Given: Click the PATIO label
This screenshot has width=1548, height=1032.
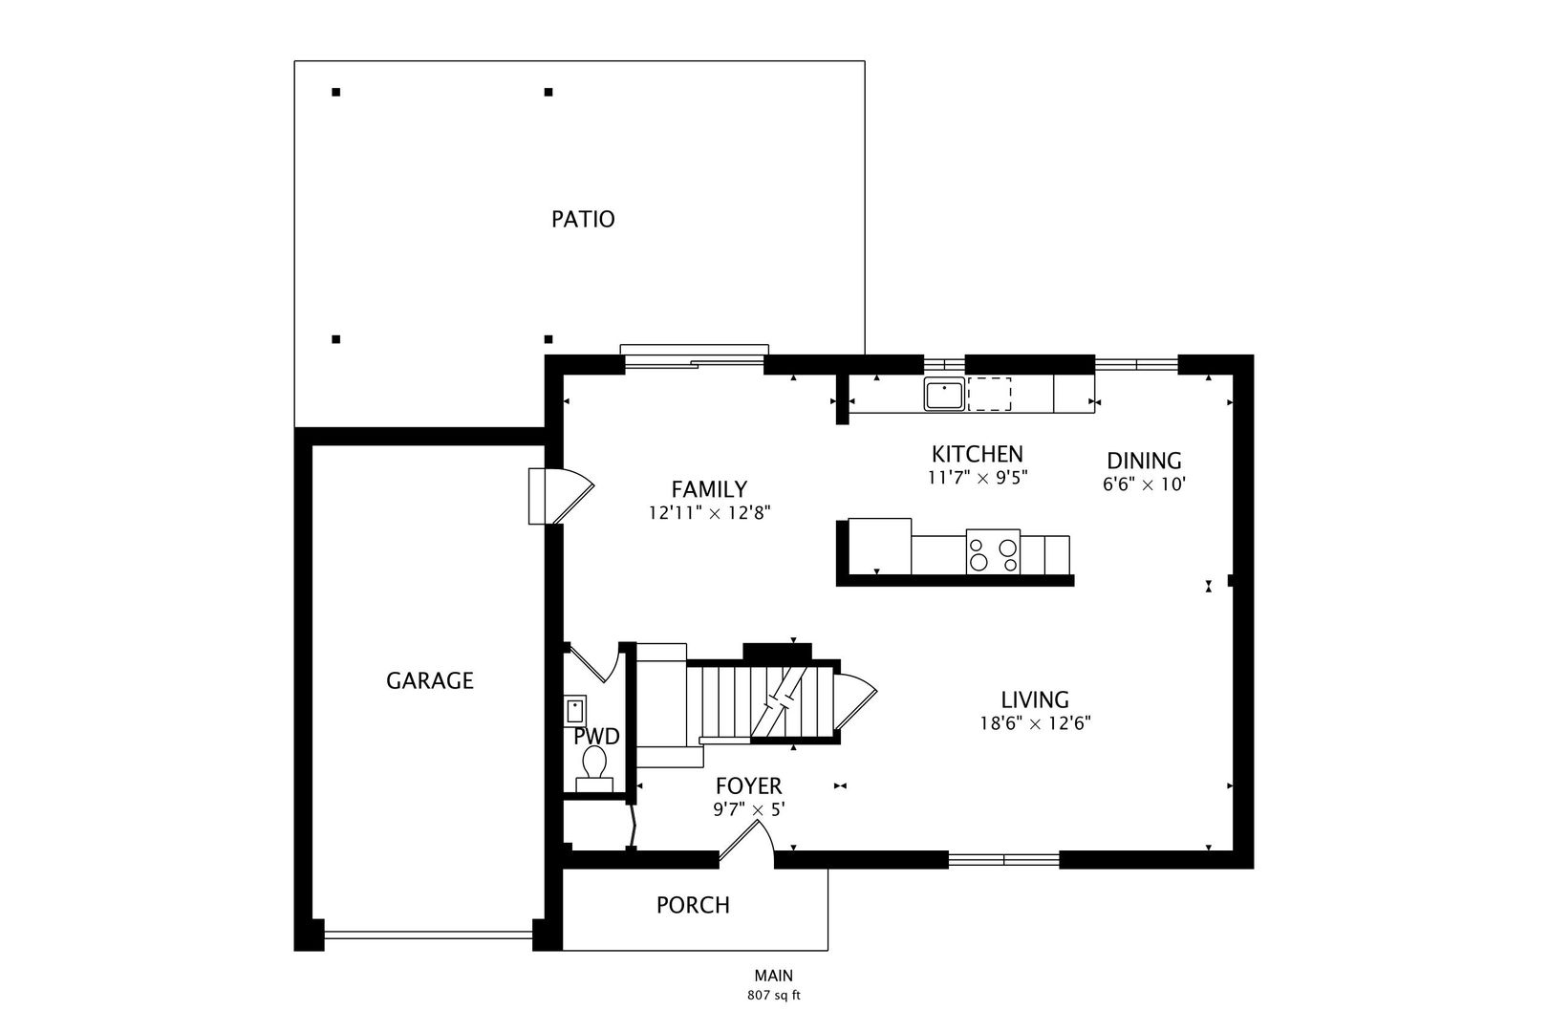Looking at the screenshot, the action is click(583, 219).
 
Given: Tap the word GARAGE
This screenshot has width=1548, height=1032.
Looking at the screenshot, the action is click(430, 681).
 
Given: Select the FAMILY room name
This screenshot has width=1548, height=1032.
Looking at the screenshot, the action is click(709, 489).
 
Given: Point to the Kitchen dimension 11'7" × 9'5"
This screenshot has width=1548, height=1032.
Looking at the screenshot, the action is click(978, 478).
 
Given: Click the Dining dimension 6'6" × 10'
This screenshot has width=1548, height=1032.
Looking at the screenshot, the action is click(1144, 484).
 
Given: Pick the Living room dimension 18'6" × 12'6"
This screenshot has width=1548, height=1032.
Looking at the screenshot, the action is click(1035, 723).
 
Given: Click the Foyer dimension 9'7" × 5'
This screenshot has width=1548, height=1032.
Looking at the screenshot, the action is click(749, 809).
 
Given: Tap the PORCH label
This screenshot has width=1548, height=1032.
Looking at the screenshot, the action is click(693, 905).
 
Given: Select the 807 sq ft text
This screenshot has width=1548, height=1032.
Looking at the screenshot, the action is click(773, 996).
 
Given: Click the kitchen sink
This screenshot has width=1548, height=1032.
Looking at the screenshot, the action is click(944, 395).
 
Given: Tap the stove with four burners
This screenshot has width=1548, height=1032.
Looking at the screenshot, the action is click(993, 551).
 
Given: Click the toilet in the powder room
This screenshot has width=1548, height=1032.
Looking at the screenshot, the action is click(594, 768).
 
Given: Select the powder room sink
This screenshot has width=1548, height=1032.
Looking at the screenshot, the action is click(575, 711).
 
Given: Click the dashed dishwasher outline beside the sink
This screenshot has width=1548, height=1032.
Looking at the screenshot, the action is click(990, 394).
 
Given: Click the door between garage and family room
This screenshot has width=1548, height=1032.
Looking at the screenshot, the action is click(561, 496).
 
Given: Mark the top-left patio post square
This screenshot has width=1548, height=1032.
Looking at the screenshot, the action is click(335, 92).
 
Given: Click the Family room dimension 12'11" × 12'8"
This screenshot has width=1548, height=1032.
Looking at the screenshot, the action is click(709, 513).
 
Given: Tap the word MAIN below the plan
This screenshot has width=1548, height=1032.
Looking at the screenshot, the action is click(773, 976).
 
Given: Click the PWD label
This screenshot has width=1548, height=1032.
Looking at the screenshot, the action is click(596, 737).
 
